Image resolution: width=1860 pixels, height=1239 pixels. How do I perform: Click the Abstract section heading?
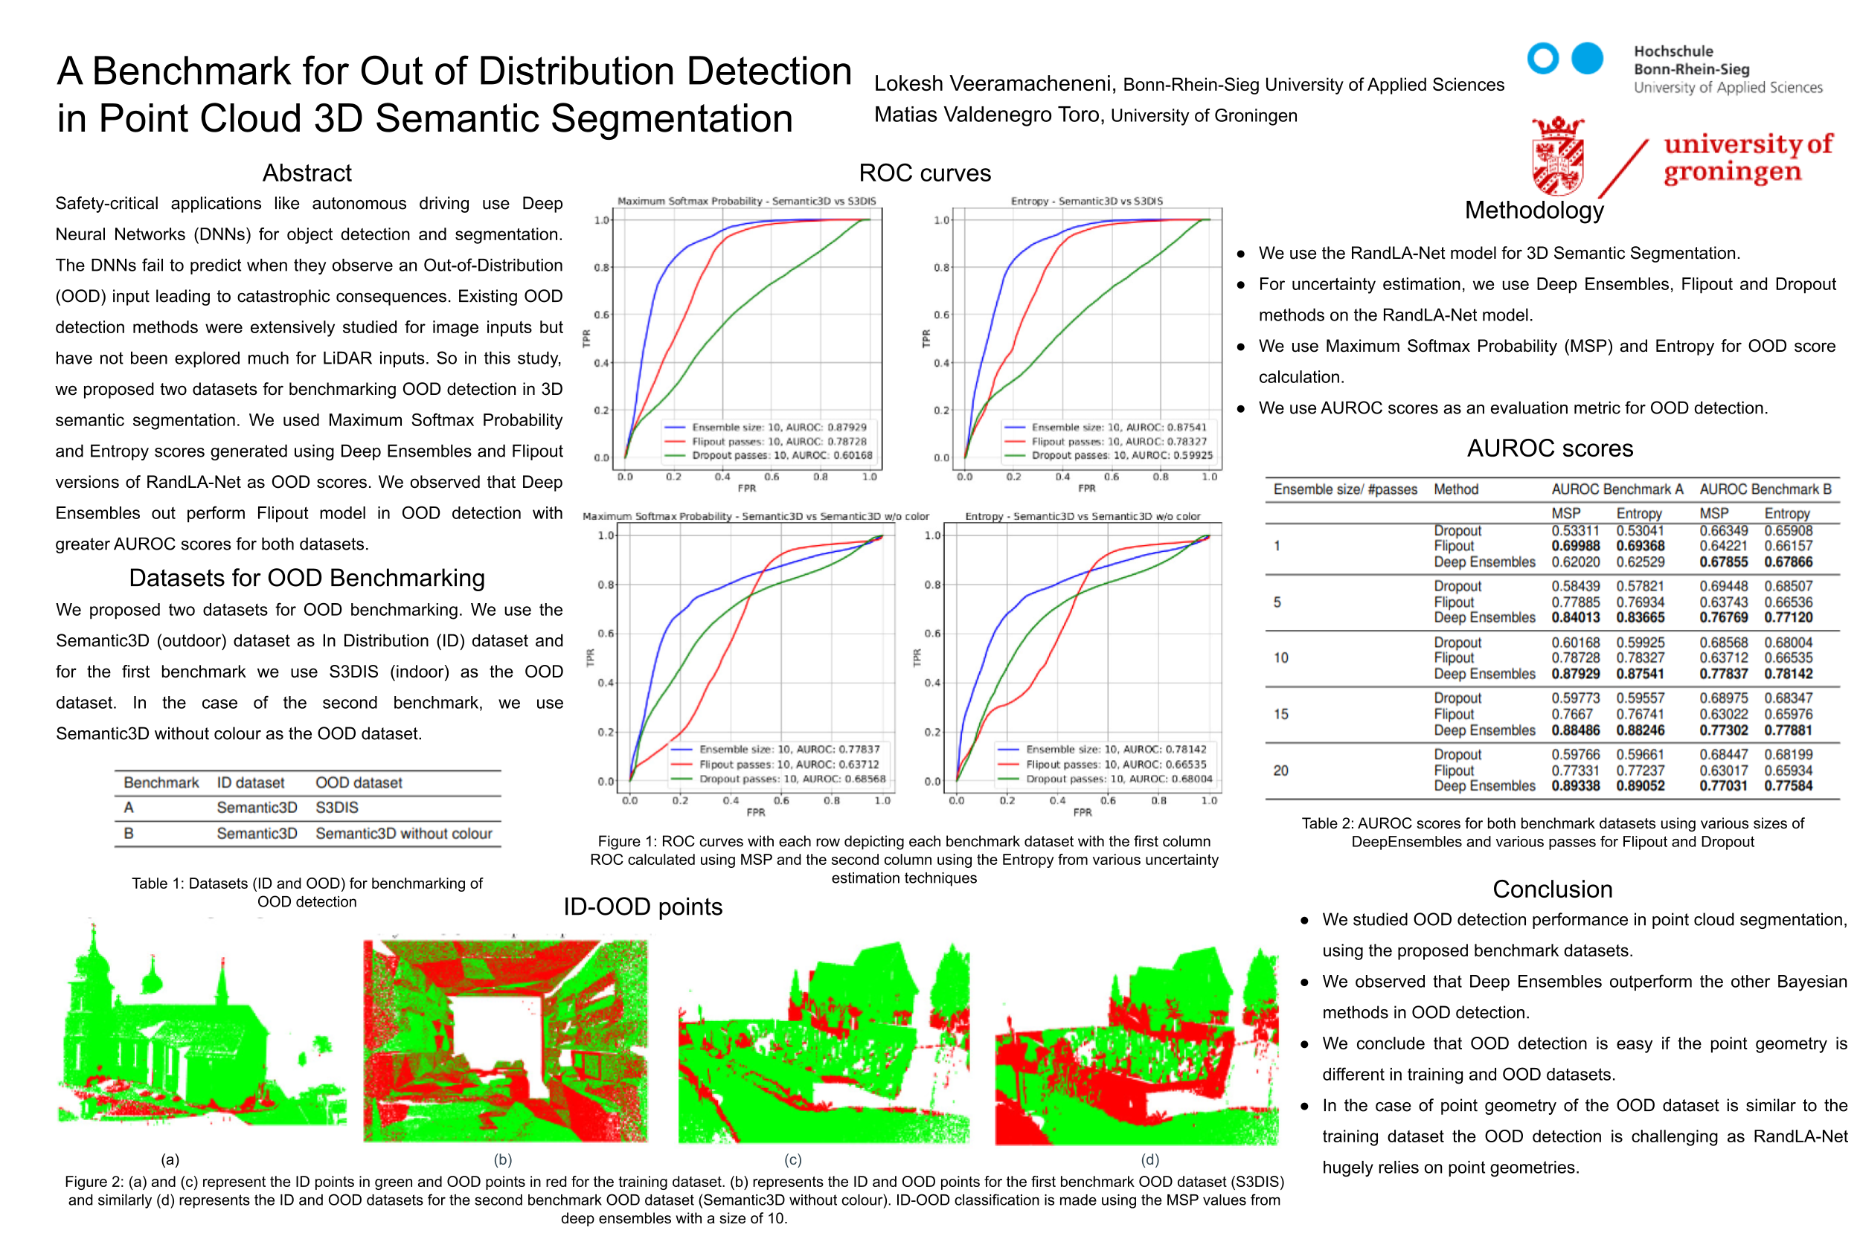click(307, 173)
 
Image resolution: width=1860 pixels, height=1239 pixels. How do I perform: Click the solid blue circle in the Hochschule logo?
click(1585, 59)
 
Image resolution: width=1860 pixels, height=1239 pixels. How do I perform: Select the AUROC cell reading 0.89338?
click(1574, 786)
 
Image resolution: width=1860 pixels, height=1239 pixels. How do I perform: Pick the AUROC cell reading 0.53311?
click(1574, 531)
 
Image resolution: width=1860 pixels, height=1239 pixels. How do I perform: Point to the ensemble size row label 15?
click(1280, 714)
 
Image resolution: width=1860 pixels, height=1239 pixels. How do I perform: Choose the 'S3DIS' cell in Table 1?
click(337, 808)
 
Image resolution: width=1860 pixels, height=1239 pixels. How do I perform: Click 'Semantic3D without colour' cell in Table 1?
click(403, 834)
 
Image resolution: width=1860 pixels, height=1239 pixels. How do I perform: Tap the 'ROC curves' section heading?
click(924, 173)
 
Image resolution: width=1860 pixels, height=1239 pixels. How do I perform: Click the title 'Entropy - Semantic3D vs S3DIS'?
click(1086, 202)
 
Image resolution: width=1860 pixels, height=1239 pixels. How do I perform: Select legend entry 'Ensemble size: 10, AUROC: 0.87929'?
click(779, 428)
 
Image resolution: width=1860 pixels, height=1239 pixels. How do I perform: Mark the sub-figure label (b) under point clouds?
click(503, 1159)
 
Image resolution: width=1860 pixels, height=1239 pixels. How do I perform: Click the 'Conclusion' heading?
click(1552, 889)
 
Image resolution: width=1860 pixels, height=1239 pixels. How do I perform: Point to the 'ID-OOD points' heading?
click(643, 907)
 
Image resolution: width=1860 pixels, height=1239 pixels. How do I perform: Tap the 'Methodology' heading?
click(1533, 210)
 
